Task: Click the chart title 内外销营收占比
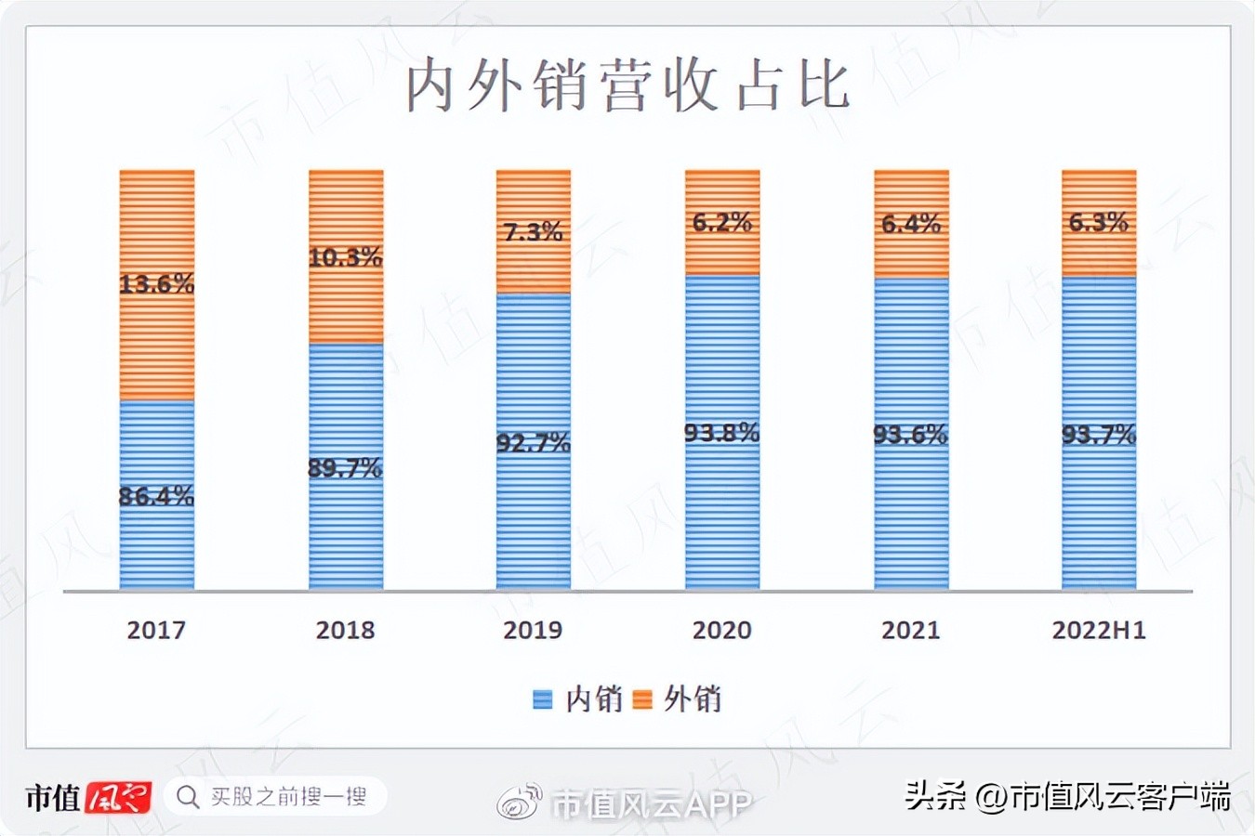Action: pos(627,85)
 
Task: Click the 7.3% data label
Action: pos(534,231)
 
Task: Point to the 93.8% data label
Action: pos(721,433)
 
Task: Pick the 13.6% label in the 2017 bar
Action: pos(156,283)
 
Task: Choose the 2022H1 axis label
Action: pos(1099,630)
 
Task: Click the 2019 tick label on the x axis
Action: pos(533,630)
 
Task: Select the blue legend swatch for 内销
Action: pos(542,699)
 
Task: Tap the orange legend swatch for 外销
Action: pos(641,699)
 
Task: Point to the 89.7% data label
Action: pos(345,468)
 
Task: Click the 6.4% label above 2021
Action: pos(911,224)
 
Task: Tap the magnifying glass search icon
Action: pos(188,797)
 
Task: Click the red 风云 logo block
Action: pos(118,797)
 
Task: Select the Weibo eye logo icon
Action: pos(520,802)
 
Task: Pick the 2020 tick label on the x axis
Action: pos(721,630)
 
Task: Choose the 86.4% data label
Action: pos(156,496)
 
